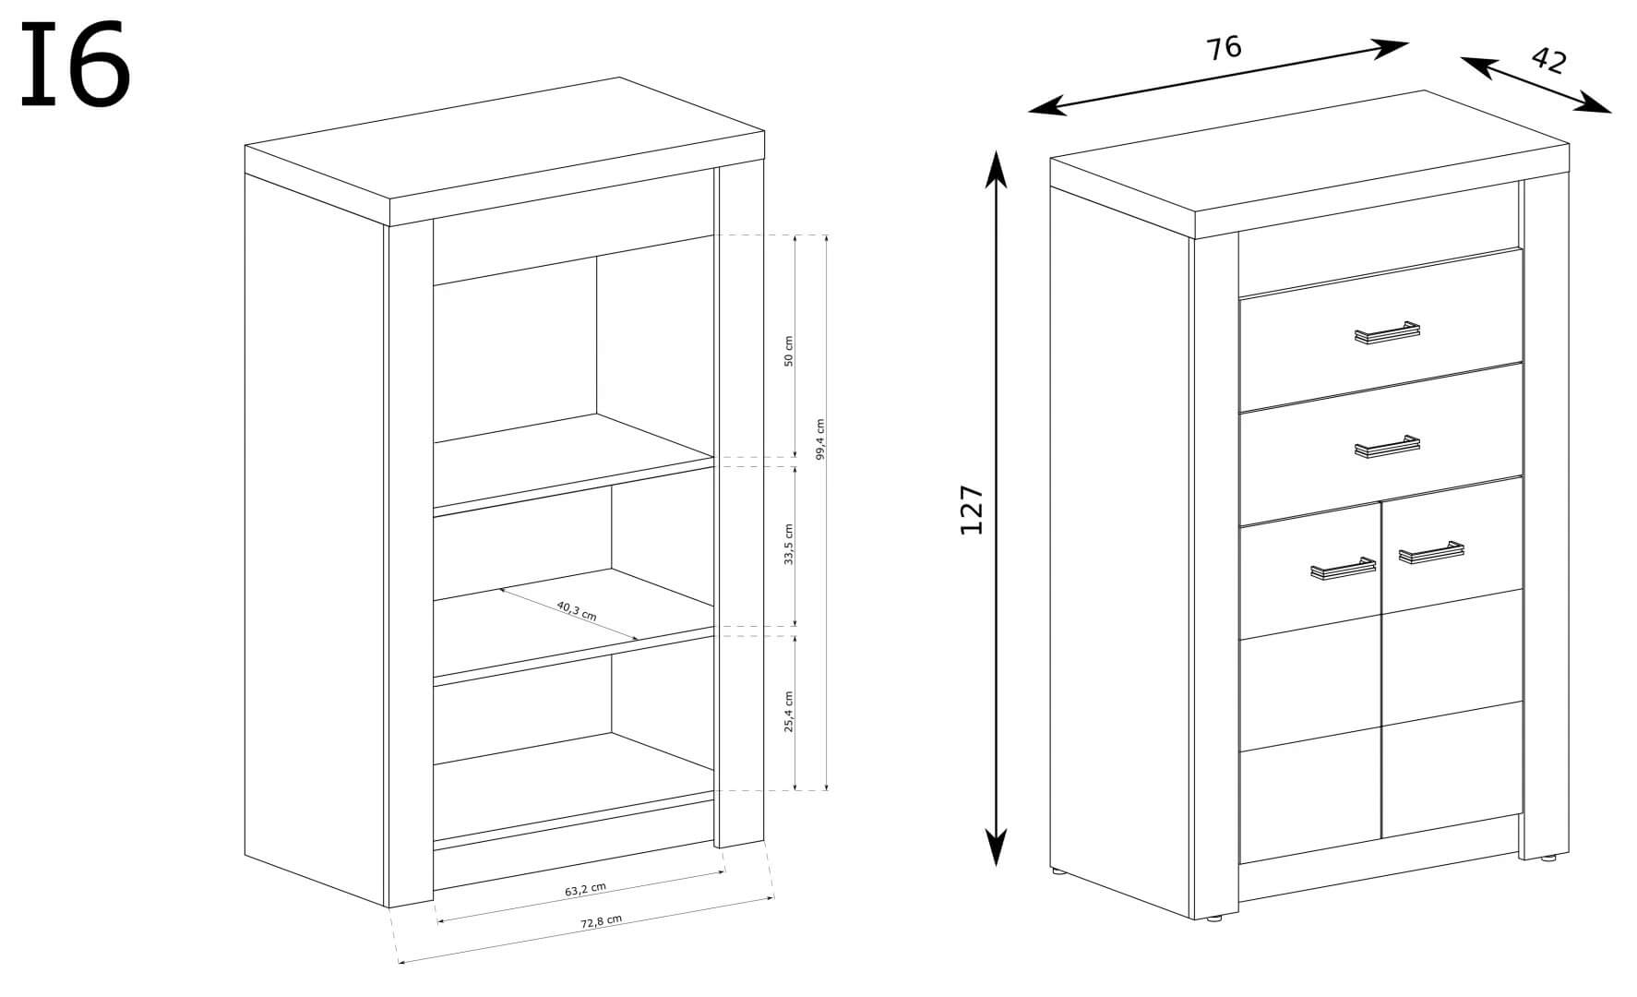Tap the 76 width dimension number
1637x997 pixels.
[1225, 47]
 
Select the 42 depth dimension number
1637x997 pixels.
[1548, 61]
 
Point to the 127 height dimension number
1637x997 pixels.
[972, 509]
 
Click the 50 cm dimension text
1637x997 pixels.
[788, 352]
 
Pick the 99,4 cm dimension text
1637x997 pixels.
[819, 439]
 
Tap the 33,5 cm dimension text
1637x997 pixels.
[788, 545]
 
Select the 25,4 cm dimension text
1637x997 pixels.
[788, 712]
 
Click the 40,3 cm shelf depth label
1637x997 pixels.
[577, 611]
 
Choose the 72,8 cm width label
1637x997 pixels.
[601, 921]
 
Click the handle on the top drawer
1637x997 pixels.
[1387, 332]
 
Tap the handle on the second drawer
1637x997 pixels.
[1387, 447]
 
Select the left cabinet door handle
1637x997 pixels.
[1343, 569]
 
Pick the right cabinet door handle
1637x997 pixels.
[1431, 552]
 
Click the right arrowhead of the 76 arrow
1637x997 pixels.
[1390, 48]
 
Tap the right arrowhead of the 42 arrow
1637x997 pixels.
[1594, 103]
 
